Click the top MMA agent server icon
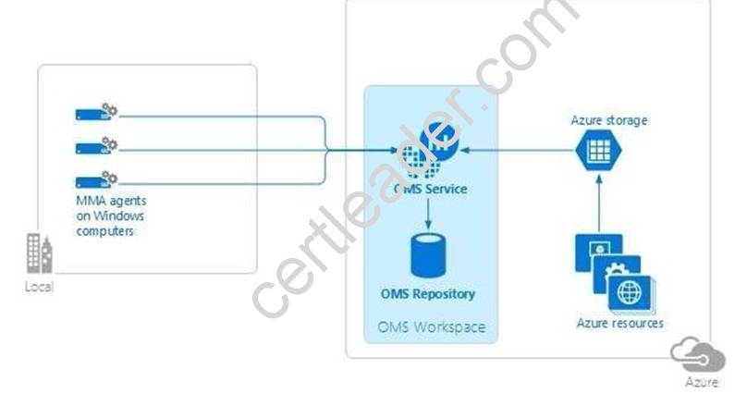click(x=96, y=113)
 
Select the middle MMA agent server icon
click(x=96, y=146)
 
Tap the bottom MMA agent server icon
click(x=96, y=180)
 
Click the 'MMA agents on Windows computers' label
click(x=111, y=215)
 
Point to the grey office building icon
click(x=40, y=253)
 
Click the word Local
click(x=40, y=287)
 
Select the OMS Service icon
click(x=428, y=150)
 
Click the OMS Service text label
click(x=430, y=189)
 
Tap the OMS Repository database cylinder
click(x=428, y=255)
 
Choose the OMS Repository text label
click(x=428, y=294)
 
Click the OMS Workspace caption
click(x=431, y=326)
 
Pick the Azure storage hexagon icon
click(x=598, y=150)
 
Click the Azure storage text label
click(x=609, y=120)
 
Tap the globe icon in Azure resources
click(x=630, y=292)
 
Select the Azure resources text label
click(x=619, y=323)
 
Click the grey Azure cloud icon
click(x=698, y=354)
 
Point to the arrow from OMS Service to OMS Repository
click(x=428, y=214)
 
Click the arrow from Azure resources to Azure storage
click(x=598, y=203)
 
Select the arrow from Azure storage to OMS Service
click(x=518, y=150)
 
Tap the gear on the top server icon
click(x=111, y=110)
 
